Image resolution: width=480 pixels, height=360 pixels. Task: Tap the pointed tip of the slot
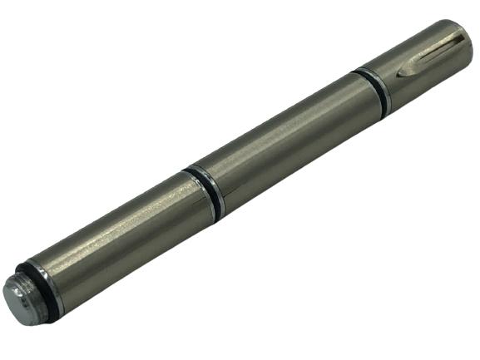tap(403, 75)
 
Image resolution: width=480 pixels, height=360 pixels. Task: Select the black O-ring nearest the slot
tap(373, 89)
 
